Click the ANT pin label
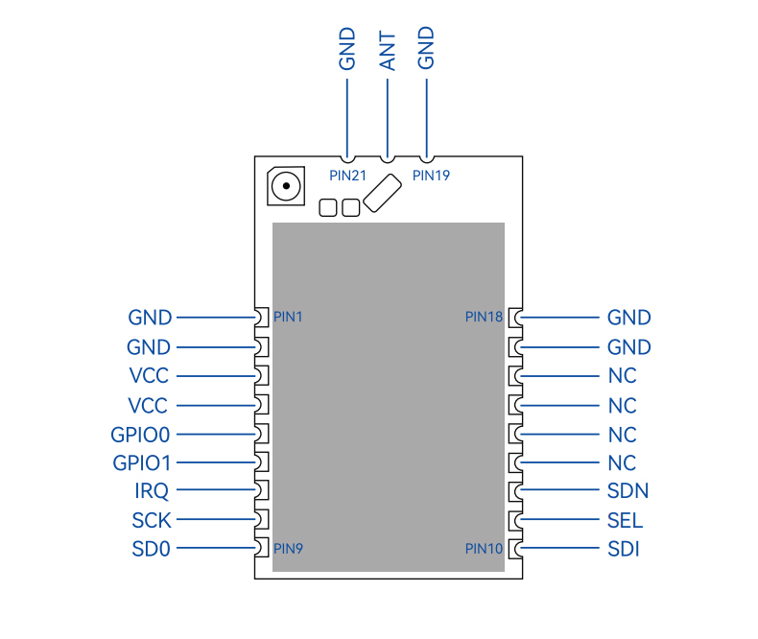pos(388,51)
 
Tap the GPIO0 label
pos(140,435)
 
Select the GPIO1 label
pos(142,463)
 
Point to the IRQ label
pos(152,491)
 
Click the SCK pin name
pos(152,521)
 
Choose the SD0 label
pos(152,549)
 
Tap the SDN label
pos(628,491)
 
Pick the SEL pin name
pos(625,521)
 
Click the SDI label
pos(624,549)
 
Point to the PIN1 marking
pos(288,317)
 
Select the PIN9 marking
pos(288,549)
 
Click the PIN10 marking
pos(484,549)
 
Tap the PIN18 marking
pos(484,317)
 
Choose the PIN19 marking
pos(431,176)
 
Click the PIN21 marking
pos(347,176)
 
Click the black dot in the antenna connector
pos(286,186)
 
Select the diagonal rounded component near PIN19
pos(383,194)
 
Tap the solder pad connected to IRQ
pos(262,490)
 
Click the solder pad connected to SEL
pos(516,520)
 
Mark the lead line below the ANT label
pos(388,118)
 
